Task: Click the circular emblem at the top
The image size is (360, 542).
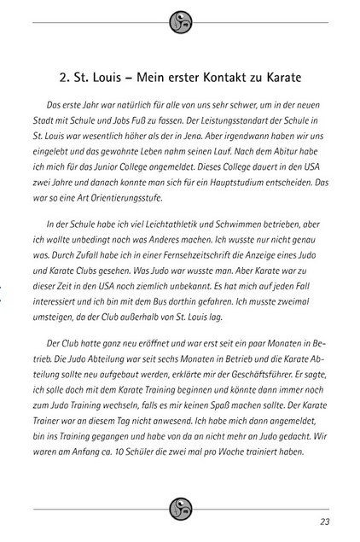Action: pos(180,22)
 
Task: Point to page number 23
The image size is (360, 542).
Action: pos(325,522)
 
